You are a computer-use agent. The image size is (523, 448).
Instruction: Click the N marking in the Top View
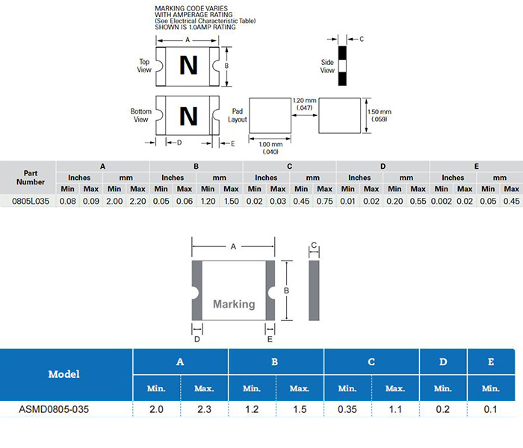tap(189, 66)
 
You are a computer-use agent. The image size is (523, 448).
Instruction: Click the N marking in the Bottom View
tap(189, 116)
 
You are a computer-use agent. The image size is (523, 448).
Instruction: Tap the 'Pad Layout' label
tap(237, 114)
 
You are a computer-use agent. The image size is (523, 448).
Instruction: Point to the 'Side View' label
tap(327, 66)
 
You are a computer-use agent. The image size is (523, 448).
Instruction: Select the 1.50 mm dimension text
tap(380, 115)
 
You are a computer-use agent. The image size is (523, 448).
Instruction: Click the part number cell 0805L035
tap(30, 201)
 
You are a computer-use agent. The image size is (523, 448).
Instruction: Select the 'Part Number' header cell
tap(30, 177)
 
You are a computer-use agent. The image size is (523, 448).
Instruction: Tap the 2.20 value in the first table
tap(137, 201)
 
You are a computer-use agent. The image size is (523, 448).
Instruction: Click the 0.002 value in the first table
tap(441, 201)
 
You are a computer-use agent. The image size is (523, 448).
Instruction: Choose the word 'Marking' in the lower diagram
tap(234, 304)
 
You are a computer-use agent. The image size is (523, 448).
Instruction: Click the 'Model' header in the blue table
tap(64, 373)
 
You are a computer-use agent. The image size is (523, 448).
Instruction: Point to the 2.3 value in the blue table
tap(204, 410)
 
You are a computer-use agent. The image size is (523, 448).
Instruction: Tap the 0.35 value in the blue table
tap(347, 410)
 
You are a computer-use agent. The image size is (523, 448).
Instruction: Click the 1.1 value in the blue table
tap(395, 410)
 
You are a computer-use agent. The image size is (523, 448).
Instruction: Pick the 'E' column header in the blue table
tap(491, 362)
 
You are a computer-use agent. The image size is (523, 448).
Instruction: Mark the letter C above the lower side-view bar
tap(315, 246)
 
